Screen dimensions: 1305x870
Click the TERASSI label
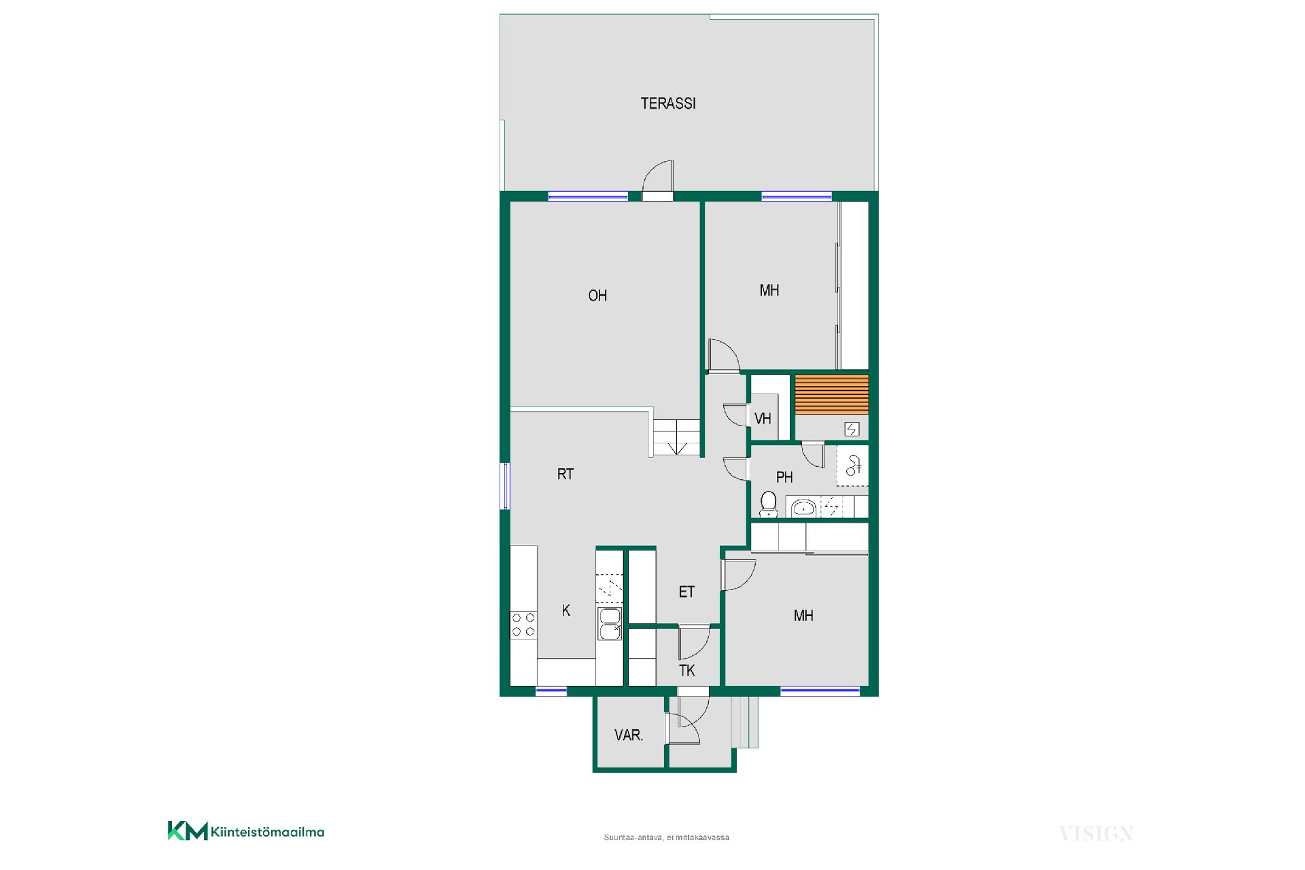[668, 104]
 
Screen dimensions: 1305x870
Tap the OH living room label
[597, 296]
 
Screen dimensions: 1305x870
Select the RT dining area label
[565, 474]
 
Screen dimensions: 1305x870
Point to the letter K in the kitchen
[566, 611]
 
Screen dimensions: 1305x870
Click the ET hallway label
[686, 592]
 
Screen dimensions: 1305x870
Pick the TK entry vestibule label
[687, 671]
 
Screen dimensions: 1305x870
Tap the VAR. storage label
[629, 735]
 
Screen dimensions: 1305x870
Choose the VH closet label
[763, 419]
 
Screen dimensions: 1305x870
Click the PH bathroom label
[784, 477]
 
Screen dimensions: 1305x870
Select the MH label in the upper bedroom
[769, 291]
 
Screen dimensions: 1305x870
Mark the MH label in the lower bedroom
[803, 616]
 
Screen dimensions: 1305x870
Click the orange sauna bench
[832, 394]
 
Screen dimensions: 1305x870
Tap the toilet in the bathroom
[769, 504]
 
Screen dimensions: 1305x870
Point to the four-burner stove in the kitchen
[523, 625]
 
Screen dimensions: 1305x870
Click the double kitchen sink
[609, 624]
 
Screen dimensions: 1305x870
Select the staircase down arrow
[678, 447]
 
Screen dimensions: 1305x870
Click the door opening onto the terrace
[658, 181]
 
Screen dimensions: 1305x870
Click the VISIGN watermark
[1096, 833]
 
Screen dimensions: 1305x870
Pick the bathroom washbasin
[804, 507]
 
